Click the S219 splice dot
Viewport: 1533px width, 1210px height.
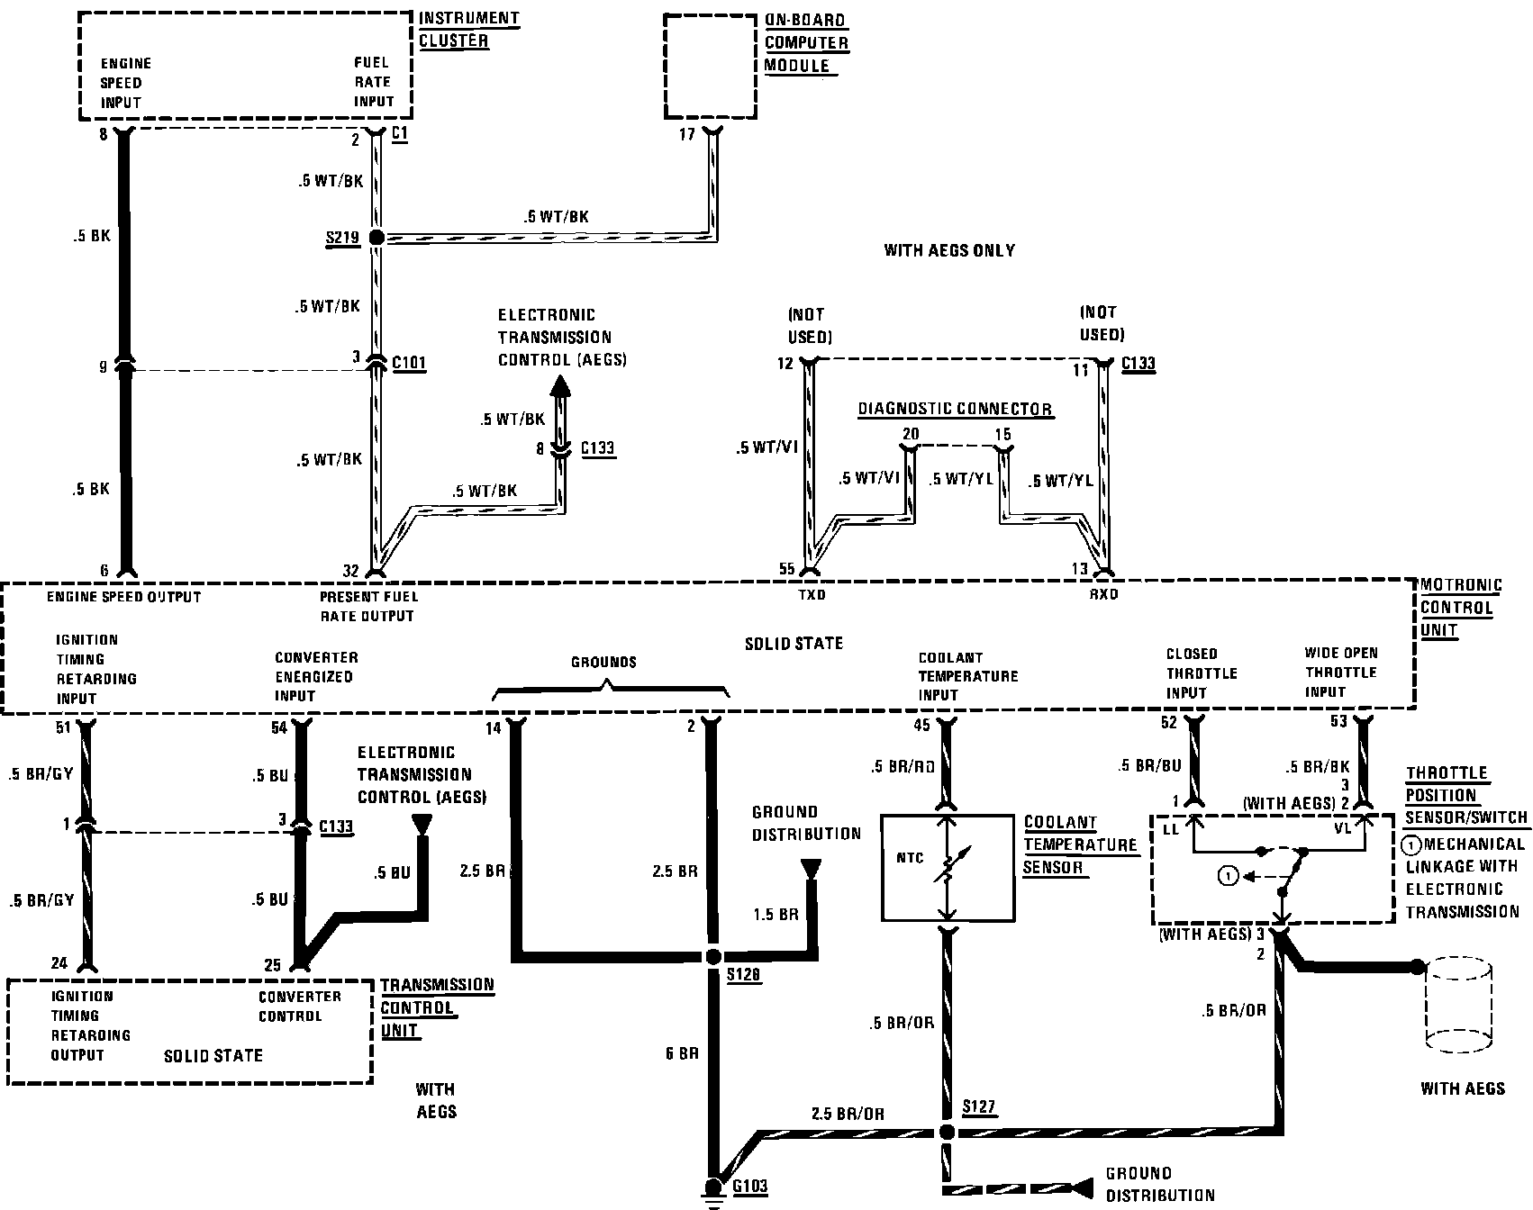pos(376,238)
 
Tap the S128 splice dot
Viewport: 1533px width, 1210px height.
pos(713,957)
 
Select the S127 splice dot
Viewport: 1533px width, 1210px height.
pos(946,1131)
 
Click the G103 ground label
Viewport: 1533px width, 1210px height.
pos(749,1186)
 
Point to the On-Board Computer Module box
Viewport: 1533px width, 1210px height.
pos(711,66)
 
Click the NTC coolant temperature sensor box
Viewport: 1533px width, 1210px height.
pos(946,868)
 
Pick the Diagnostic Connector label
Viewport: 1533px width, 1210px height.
pos(954,410)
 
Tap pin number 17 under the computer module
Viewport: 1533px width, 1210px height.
pos(687,135)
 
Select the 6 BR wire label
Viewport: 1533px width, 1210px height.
pos(682,1053)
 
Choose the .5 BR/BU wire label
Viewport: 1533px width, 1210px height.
pos(1148,766)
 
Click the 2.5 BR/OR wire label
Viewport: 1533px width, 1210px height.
pos(847,1115)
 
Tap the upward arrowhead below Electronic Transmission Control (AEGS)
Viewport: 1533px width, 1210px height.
pos(560,388)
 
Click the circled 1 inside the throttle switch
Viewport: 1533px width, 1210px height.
pos(1229,874)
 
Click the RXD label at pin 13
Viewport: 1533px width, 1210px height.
pos(1102,595)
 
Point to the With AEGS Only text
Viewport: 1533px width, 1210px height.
pos(949,250)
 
